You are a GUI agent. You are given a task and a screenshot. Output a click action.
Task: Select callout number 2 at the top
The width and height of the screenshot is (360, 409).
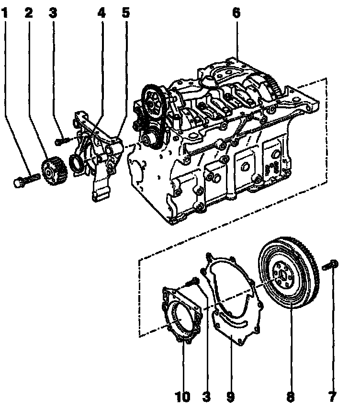tap(29, 13)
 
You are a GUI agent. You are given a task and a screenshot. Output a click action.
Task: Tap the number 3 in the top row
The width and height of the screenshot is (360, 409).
tap(53, 13)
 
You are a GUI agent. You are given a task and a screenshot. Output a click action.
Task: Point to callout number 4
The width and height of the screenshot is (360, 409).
tap(101, 13)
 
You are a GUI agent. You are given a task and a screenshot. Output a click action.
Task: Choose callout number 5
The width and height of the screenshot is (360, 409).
tap(125, 13)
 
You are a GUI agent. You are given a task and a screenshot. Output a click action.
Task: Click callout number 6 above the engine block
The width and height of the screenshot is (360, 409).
tap(236, 13)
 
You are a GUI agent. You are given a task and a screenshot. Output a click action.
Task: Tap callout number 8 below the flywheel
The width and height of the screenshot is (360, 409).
tap(291, 397)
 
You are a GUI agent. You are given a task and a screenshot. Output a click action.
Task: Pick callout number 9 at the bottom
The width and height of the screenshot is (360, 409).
tap(231, 397)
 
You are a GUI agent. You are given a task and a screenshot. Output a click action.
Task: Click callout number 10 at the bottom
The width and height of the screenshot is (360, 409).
tap(183, 397)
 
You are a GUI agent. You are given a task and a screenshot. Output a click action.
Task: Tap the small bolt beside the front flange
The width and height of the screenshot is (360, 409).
tap(60, 141)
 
